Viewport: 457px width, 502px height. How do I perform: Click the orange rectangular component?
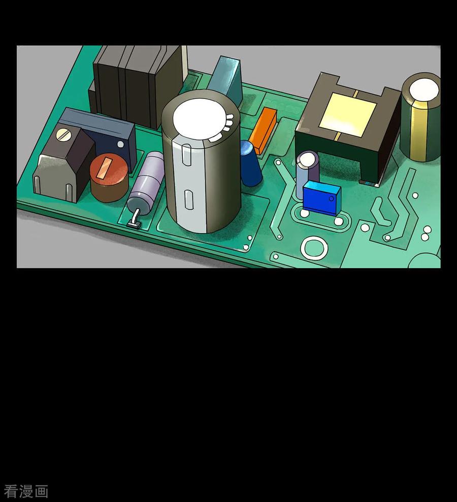263,130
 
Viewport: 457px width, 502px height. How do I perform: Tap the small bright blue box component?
321,198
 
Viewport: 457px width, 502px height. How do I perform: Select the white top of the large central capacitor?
202,119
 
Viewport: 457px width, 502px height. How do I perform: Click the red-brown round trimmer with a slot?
109,177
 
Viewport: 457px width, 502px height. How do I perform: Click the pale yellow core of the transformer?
350,114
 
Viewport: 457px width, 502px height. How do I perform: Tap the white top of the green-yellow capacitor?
423,89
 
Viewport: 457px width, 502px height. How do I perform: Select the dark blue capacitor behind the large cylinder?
250,163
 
